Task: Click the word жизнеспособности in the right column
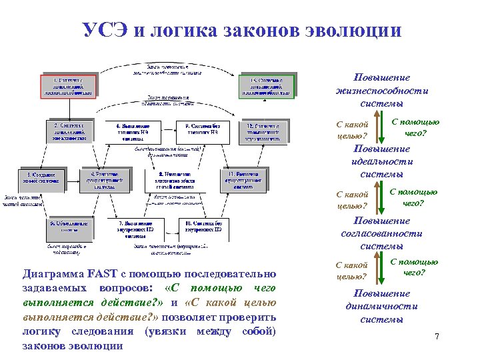pos(382,91)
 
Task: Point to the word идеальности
pos(382,162)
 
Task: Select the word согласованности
pos(382,234)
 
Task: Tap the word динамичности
pos(382,307)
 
